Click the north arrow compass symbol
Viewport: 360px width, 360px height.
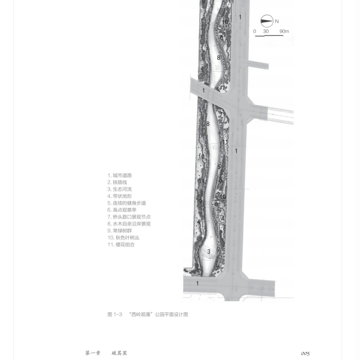coord(267,21)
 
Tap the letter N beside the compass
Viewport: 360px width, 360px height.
coord(277,21)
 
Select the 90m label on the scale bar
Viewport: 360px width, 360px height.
coord(284,31)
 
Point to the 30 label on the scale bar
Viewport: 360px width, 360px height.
coord(266,31)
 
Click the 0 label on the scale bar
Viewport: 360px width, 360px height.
coord(255,31)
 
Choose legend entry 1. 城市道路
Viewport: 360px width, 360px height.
coord(120,175)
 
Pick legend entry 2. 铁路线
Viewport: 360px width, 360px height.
coord(117,182)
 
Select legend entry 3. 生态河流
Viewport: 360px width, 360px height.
coord(120,189)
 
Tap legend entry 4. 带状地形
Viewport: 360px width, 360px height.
coord(120,196)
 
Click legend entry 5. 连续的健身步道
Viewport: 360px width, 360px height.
coord(126,203)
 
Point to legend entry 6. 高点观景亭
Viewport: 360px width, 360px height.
coord(122,210)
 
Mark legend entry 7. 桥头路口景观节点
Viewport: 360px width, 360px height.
coord(129,217)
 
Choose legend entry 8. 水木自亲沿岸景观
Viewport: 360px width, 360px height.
coord(129,224)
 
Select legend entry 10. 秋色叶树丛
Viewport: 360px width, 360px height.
coord(123,238)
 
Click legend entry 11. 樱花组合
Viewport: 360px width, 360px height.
coord(121,244)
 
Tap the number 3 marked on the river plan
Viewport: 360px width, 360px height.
coord(209,252)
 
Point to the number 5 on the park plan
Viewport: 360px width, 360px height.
coord(219,167)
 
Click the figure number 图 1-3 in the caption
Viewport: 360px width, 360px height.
coord(115,315)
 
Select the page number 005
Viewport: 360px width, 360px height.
coord(305,353)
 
